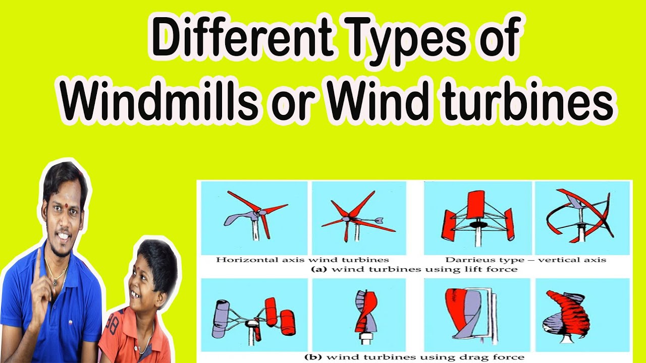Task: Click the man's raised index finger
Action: [x=38, y=263]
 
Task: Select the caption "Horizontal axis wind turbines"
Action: [x=302, y=260]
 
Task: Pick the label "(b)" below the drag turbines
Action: [x=313, y=357]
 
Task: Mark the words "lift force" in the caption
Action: [x=494, y=269]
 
